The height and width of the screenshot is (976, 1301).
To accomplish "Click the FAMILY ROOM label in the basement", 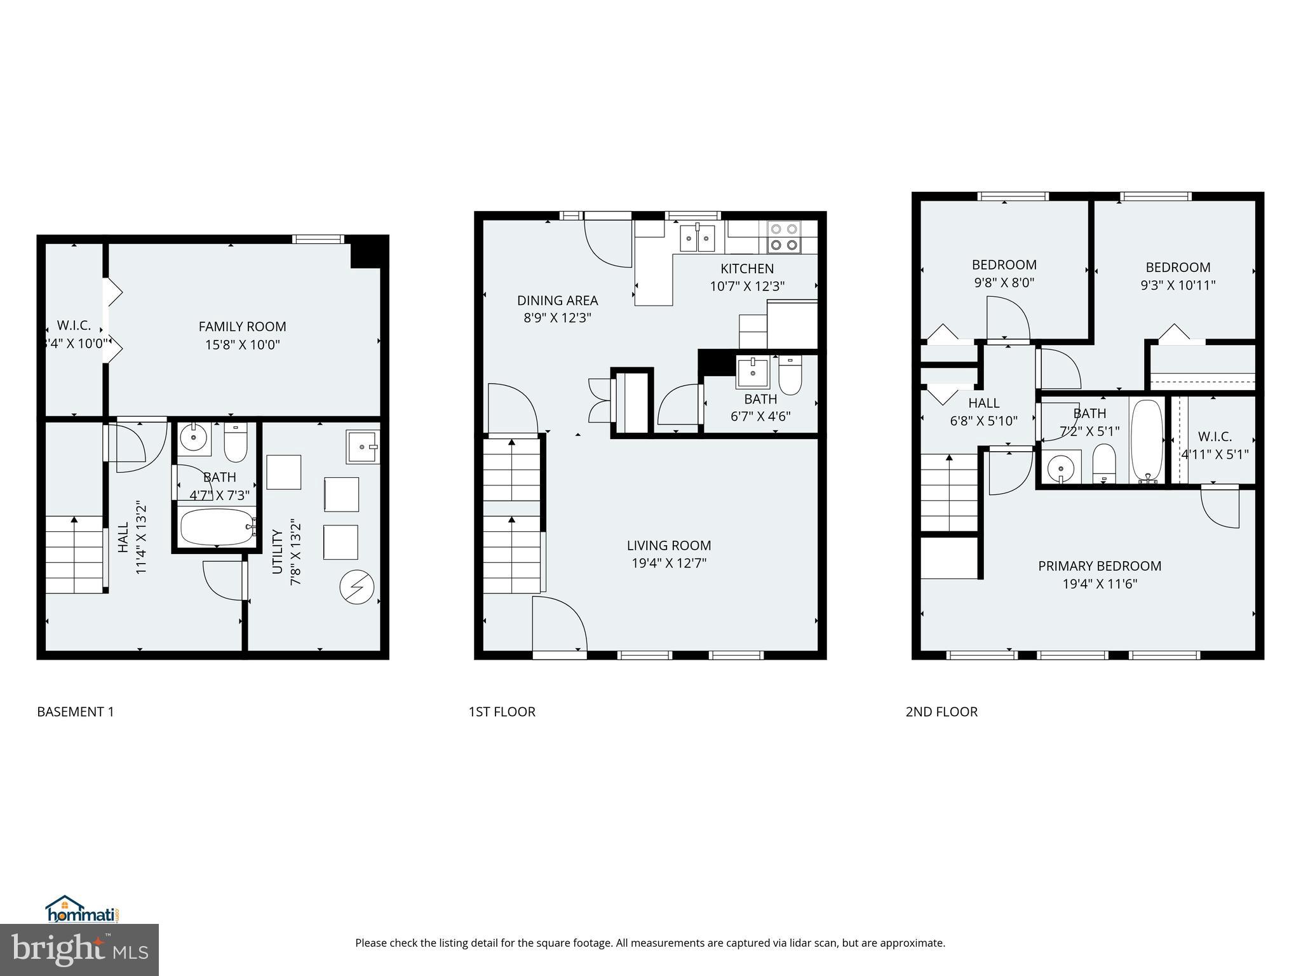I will tap(242, 327).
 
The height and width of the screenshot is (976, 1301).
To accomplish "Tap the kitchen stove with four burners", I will tap(783, 236).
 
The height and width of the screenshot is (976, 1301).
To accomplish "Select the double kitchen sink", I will tap(698, 238).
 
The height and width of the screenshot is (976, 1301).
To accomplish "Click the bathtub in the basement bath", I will tap(217, 527).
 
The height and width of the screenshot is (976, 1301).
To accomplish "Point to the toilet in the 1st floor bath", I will tap(790, 376).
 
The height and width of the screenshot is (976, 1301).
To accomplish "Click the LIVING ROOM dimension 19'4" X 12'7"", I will tap(669, 563).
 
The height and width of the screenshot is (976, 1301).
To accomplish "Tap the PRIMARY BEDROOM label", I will tap(1100, 566).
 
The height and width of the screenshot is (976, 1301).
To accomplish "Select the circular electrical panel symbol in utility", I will tap(356, 588).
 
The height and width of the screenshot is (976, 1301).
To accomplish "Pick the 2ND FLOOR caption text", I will tap(941, 712).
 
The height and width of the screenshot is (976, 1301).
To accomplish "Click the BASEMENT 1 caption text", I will tap(76, 712).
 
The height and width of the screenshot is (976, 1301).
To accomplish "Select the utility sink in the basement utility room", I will tap(363, 447).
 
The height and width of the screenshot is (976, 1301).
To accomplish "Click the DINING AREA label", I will tap(557, 301).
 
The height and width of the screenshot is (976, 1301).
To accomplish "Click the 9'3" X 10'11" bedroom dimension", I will tap(1178, 285).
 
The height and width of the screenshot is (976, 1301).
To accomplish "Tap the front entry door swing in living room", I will tap(559, 623).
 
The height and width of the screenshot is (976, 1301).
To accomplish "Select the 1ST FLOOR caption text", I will tap(502, 712).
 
